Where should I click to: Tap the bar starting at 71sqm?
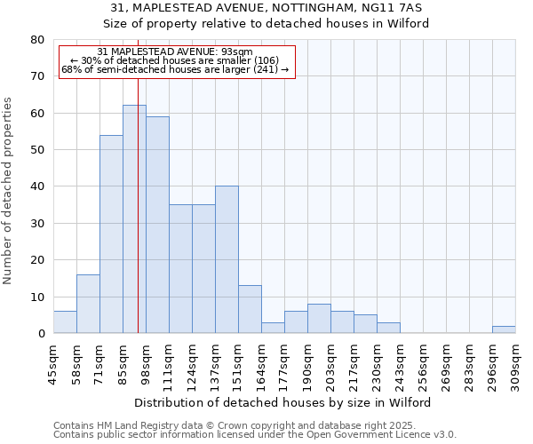pyautogui.click(x=111, y=234)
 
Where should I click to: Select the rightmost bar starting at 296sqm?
pyautogui.click(x=504, y=329)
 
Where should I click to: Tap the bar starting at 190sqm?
pyautogui.click(x=319, y=319)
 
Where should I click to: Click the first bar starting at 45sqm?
pyautogui.click(x=65, y=322)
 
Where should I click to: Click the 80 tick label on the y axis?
pyautogui.click(x=36, y=40)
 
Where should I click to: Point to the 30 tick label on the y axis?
pyautogui.click(x=36, y=224)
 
